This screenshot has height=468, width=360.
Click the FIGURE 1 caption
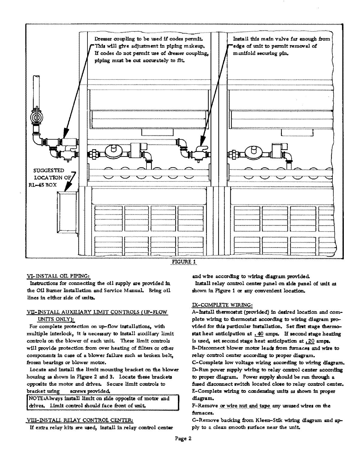pos(183,261)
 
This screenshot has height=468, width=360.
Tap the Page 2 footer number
pos(183,439)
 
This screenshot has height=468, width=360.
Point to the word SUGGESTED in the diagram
pos(49,171)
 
